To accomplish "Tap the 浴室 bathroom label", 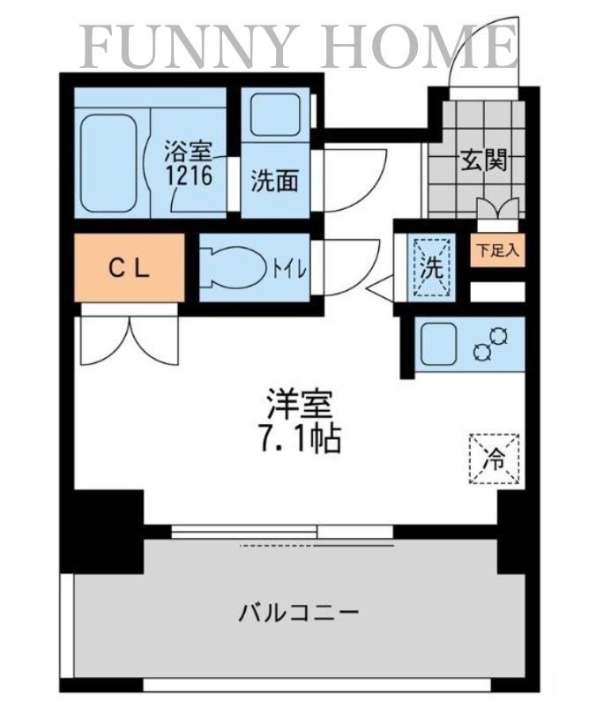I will click(x=188, y=149).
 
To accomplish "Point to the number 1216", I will click(x=187, y=175).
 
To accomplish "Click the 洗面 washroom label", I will click(x=273, y=181).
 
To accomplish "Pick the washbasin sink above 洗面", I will click(x=274, y=114).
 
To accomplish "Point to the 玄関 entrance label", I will click(x=482, y=160).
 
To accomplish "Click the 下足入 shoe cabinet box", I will click(x=498, y=250).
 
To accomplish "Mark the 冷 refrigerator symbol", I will click(x=494, y=459).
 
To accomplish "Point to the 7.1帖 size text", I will click(x=300, y=439).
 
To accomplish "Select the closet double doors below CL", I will click(x=129, y=339).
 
